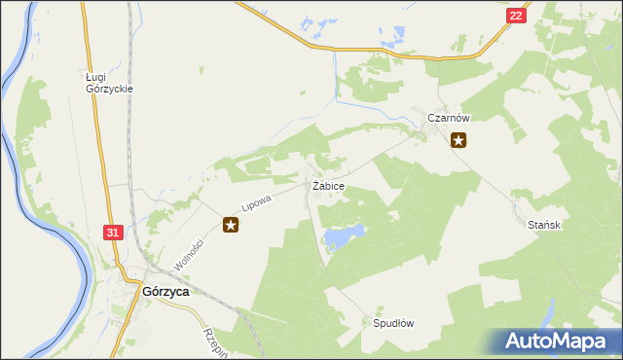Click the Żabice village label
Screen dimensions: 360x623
[327, 185]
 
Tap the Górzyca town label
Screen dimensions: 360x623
[165, 290]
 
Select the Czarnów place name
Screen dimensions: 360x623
[449, 118]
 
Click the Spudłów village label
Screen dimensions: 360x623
[393, 323]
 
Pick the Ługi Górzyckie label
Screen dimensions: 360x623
[108, 82]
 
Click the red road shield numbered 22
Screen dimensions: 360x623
[516, 16]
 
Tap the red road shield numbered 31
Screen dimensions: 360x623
[113, 233]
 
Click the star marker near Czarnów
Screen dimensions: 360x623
[458, 140]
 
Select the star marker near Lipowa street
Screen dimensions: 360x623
[231, 226]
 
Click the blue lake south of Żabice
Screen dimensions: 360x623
[345, 234]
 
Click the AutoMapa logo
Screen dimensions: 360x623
[556, 342]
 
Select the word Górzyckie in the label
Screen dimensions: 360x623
[108, 89]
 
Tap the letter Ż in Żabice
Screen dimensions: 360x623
[314, 185]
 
